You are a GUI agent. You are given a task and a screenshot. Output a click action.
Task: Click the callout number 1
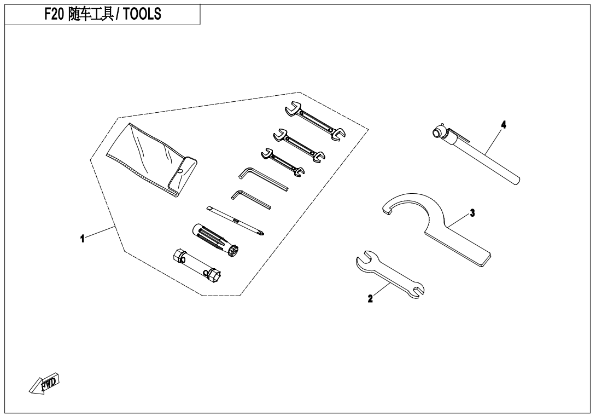point(82,238)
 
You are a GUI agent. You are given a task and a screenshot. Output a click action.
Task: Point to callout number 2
point(370,298)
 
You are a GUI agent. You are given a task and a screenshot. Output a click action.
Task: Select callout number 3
point(472,212)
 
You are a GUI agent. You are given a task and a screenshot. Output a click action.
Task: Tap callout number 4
point(504,125)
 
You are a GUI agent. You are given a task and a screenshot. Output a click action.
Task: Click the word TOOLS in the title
point(142,15)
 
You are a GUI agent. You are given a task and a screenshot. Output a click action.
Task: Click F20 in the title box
point(54,15)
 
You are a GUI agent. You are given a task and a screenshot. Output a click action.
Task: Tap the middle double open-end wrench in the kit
point(299,143)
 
